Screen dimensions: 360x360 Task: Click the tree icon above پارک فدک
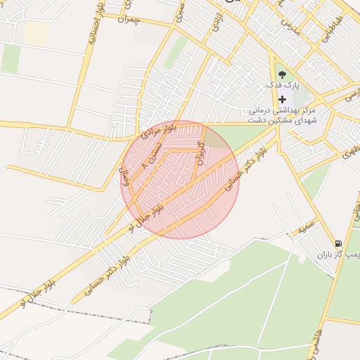[x=282, y=72]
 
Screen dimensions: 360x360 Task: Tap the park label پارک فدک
[x=282, y=84]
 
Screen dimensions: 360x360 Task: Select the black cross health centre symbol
[x=283, y=99]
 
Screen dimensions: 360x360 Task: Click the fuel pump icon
[x=339, y=243]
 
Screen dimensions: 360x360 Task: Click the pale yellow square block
[x=37, y=33]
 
